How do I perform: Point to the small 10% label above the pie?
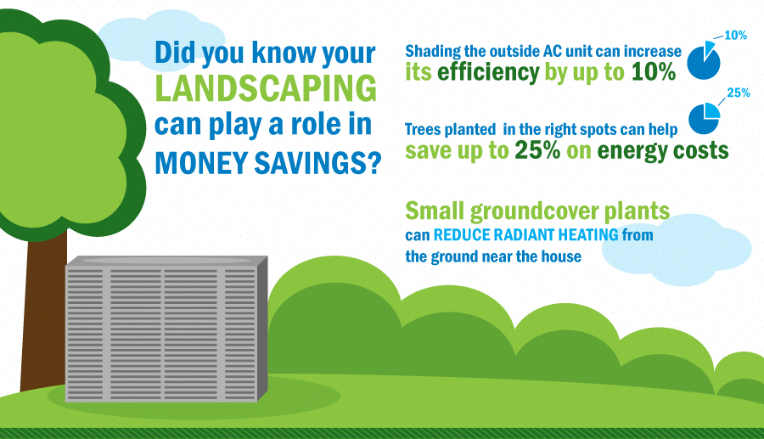pos(735,37)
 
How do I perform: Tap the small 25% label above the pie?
pos(738,93)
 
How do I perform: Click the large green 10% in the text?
pos(654,72)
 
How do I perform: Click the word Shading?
pos(435,51)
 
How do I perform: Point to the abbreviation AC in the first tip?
pos(560,51)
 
